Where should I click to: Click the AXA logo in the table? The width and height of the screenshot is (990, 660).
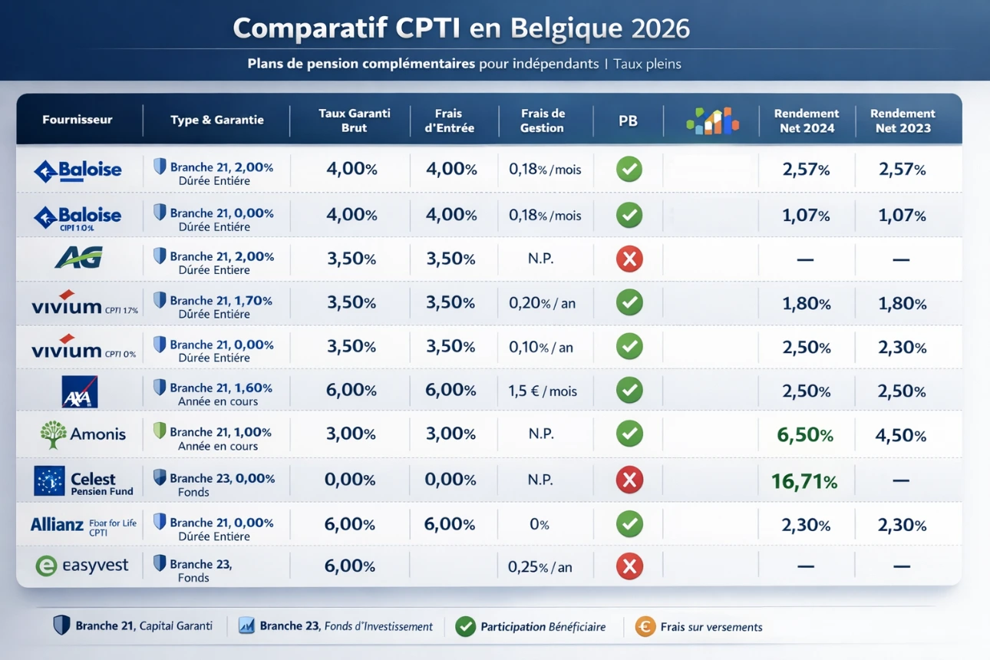click(80, 391)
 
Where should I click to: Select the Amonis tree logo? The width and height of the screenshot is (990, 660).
click(53, 434)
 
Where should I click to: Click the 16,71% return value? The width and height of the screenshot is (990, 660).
click(804, 481)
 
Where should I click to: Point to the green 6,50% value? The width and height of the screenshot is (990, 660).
click(804, 435)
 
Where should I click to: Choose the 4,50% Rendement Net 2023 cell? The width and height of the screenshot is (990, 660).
click(900, 435)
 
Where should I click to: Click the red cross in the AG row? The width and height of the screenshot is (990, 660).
click(629, 259)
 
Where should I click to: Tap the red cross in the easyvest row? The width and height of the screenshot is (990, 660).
click(629, 567)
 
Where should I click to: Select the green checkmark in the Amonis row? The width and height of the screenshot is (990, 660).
click(629, 434)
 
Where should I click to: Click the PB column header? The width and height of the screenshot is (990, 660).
click(628, 120)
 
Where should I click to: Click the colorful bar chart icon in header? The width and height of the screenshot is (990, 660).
click(712, 120)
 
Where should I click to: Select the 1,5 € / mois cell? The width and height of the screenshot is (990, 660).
click(543, 391)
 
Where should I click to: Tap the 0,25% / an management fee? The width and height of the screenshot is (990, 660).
click(540, 568)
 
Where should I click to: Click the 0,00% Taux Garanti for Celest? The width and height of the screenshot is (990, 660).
click(350, 480)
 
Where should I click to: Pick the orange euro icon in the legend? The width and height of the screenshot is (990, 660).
click(645, 627)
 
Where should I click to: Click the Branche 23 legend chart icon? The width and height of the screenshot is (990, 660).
click(247, 626)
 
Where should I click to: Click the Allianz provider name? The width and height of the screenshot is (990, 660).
click(57, 525)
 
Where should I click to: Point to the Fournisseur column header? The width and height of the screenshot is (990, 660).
click(78, 120)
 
